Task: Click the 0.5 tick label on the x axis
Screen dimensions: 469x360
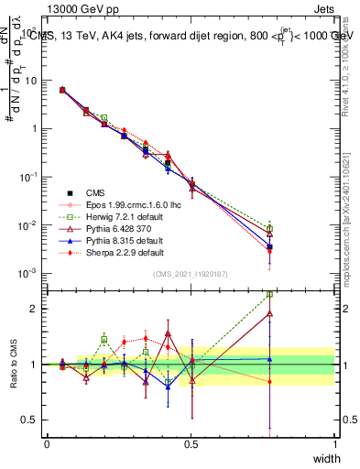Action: [x=191, y=443]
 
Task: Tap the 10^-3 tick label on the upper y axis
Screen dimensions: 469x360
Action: [x=27, y=273]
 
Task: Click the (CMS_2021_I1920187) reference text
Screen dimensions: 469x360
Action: [x=190, y=274]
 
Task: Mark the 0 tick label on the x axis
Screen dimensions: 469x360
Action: [x=47, y=443]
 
